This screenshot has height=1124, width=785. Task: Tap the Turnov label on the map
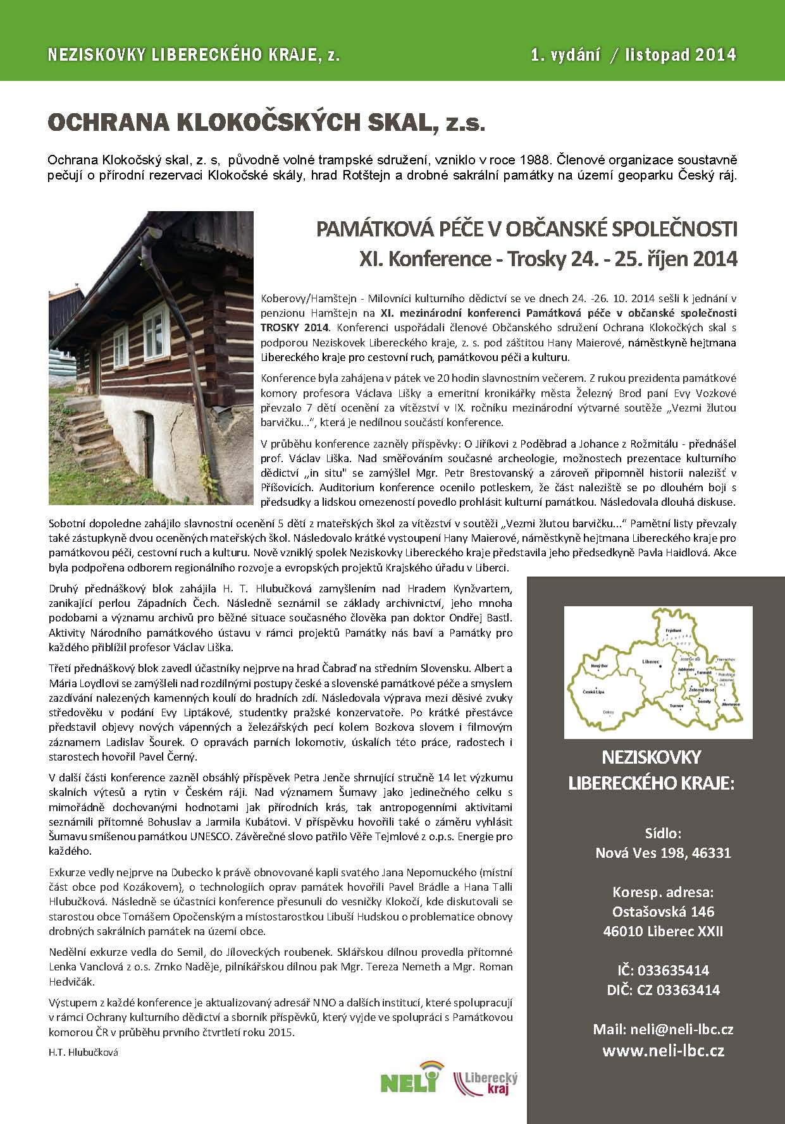(x=676, y=704)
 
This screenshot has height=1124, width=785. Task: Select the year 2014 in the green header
(x=715, y=55)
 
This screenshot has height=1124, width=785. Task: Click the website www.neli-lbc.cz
(x=663, y=1051)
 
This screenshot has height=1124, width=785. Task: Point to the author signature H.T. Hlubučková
(x=83, y=1053)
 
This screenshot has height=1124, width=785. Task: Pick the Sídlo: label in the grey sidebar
(x=663, y=833)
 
